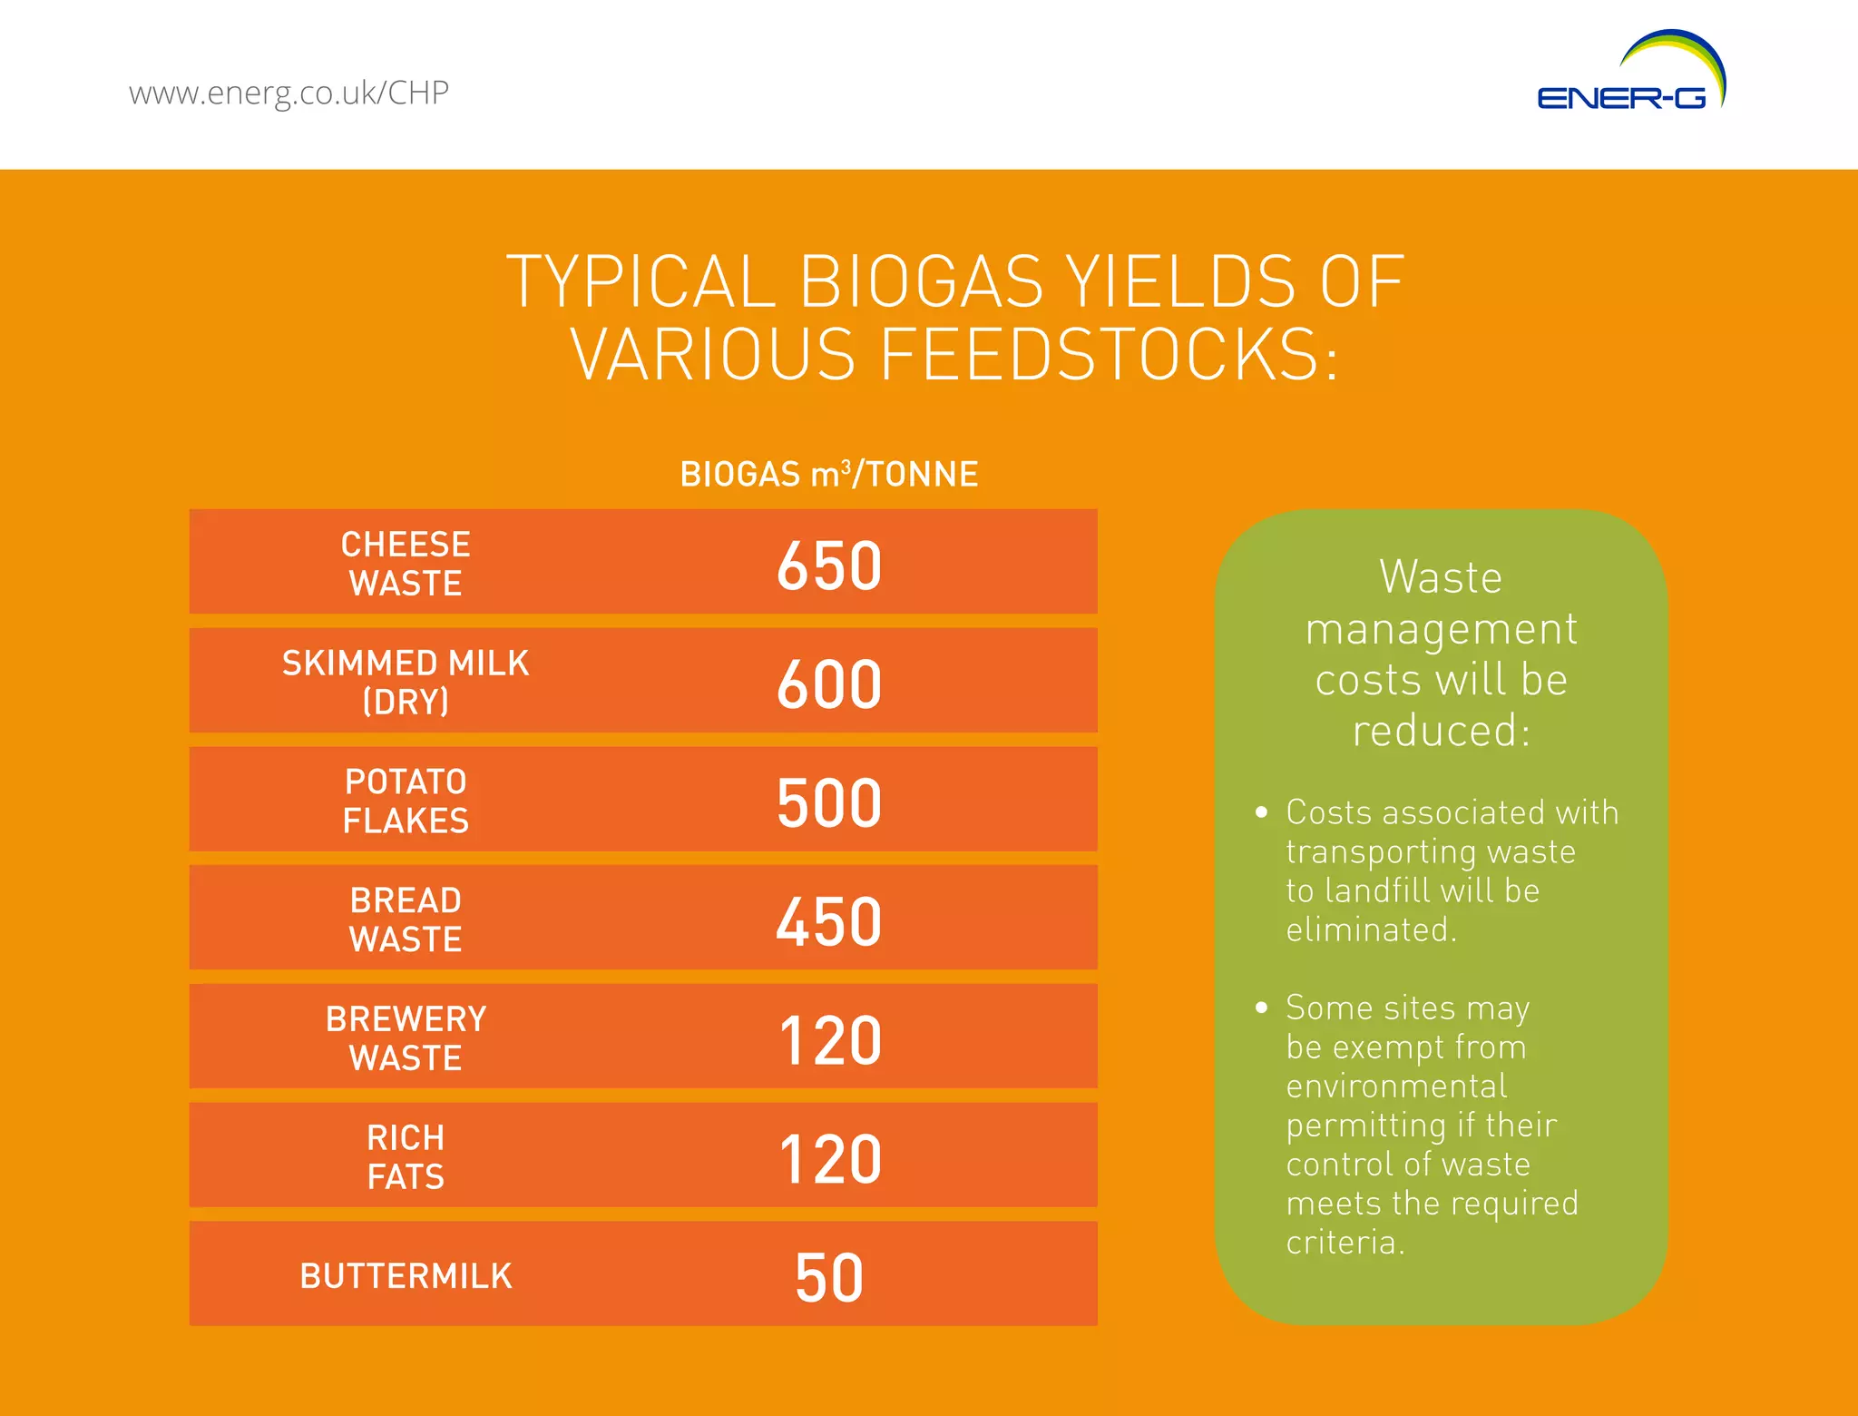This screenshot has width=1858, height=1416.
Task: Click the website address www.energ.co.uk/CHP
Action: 288,93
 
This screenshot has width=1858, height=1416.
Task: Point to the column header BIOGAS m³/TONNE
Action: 829,474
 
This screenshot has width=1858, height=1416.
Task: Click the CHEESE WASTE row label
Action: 406,564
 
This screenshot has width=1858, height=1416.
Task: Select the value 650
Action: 829,565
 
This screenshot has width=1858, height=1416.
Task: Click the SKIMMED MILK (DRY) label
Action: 406,682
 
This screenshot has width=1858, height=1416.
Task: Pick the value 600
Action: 829,683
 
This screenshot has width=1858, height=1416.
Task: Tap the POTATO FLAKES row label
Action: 406,801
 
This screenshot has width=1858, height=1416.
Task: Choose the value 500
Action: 829,802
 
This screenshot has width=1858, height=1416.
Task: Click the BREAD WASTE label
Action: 406,919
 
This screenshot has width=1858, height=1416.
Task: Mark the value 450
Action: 829,921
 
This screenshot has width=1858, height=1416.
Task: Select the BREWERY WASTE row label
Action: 406,1038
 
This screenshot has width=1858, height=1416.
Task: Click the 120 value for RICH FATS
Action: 829,1159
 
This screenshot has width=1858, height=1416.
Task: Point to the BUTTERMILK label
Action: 406,1276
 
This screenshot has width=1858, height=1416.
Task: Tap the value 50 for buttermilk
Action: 829,1278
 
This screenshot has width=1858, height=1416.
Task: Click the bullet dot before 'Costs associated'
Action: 1261,812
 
